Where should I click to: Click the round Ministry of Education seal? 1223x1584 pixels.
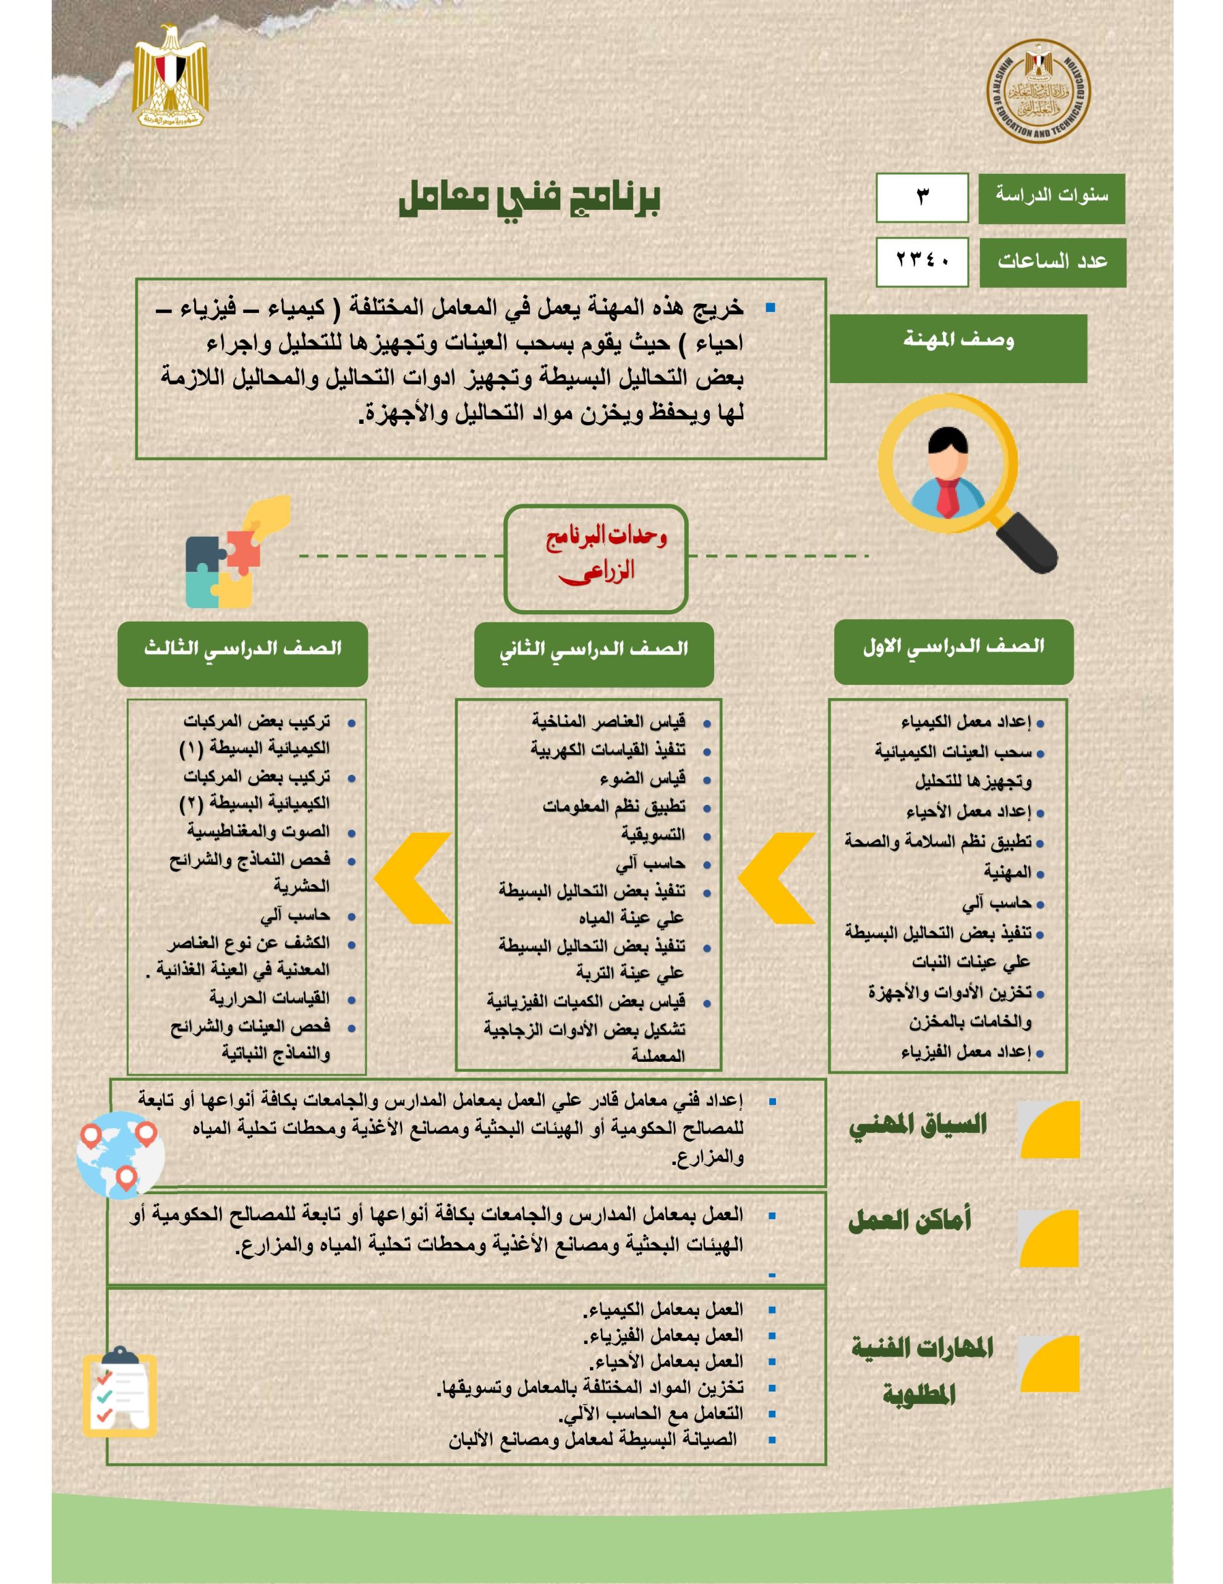click(x=1039, y=92)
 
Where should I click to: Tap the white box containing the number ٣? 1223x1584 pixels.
click(x=921, y=197)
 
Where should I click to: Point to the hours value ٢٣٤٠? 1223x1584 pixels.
click(x=921, y=261)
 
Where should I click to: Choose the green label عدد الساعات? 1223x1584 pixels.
click(x=1052, y=262)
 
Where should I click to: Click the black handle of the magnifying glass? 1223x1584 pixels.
click(x=1026, y=540)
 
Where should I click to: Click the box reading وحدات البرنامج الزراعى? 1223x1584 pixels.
click(x=595, y=559)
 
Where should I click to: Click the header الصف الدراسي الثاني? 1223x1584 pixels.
click(x=594, y=653)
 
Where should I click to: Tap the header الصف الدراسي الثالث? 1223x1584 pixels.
click(x=242, y=653)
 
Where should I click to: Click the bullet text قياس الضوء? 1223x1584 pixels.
click(x=643, y=778)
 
